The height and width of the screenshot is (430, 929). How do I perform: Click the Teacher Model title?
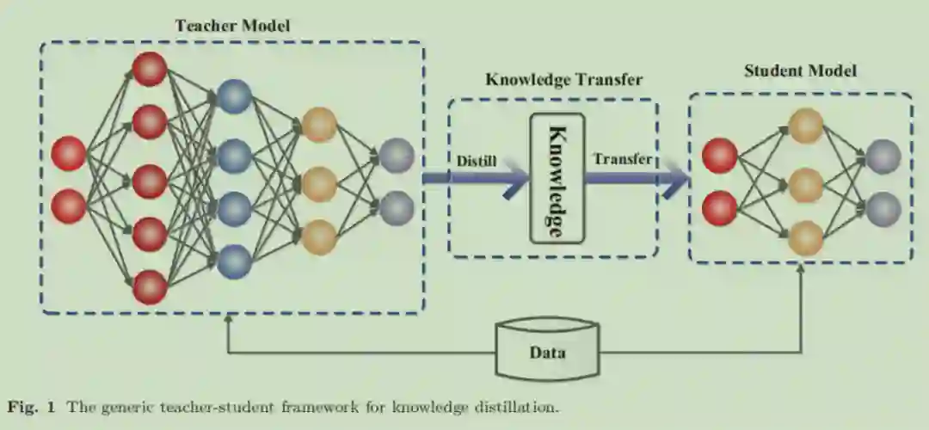point(233,26)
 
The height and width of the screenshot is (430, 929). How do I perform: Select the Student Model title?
point(800,71)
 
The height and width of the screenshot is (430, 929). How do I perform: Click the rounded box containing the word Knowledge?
point(556,177)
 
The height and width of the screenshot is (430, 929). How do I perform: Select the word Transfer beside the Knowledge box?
point(622,159)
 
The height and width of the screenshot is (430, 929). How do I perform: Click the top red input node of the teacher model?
point(69,154)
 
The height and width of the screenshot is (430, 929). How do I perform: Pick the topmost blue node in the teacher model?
point(234,96)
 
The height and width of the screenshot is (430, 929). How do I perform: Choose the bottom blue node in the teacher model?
point(234,261)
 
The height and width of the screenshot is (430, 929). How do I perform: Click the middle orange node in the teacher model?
point(319,183)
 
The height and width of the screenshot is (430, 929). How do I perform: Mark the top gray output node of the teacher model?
point(397,156)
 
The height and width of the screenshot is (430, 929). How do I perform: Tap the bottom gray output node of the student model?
point(883,209)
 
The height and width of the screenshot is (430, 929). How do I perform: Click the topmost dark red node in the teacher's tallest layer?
point(150,69)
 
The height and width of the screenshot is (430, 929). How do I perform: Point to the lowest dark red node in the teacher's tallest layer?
point(150,287)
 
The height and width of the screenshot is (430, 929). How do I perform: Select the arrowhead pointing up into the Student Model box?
point(802,269)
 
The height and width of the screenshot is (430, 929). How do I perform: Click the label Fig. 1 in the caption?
point(27,405)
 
